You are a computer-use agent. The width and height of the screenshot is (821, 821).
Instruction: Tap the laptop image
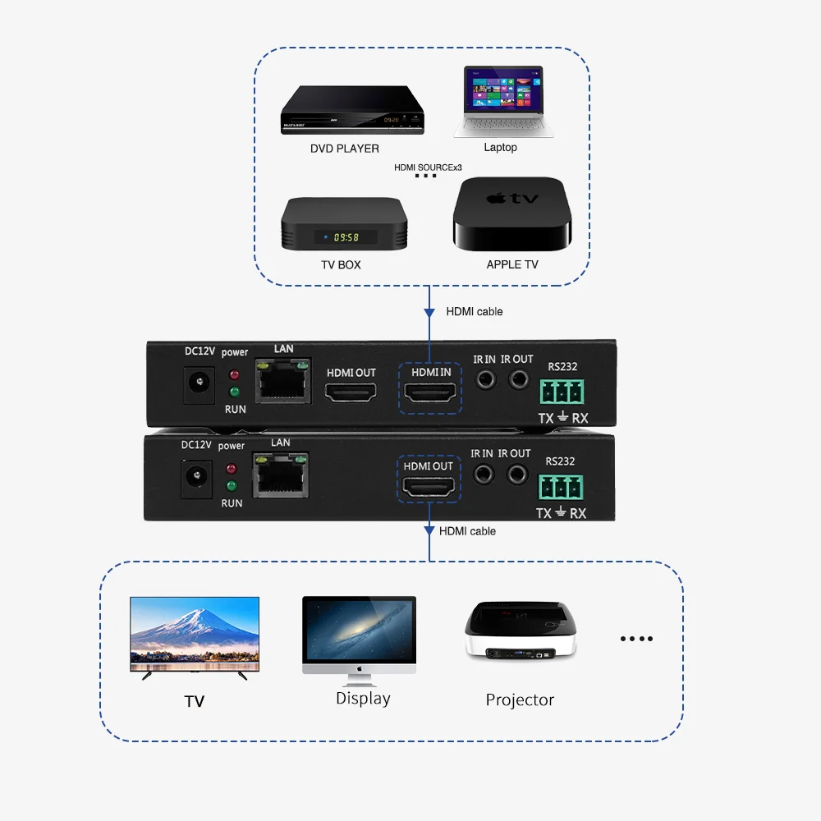502,103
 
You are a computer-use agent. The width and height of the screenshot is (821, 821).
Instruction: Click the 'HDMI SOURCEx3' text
428,167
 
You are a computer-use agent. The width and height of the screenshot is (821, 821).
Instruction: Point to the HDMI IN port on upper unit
431,395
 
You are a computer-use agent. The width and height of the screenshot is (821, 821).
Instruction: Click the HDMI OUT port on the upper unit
351,395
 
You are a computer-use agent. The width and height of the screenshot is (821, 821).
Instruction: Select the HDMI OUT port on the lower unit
428,488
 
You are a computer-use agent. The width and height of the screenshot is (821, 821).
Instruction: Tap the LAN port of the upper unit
282,382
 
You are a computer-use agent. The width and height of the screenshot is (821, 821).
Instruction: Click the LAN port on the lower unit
278,475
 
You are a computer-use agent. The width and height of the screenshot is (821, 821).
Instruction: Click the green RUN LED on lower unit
232,486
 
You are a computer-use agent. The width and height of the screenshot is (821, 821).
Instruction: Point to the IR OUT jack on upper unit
519,379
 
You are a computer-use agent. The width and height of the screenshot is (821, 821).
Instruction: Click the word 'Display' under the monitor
363,699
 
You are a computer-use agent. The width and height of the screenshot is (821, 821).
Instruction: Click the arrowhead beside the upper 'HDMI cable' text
429,314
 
